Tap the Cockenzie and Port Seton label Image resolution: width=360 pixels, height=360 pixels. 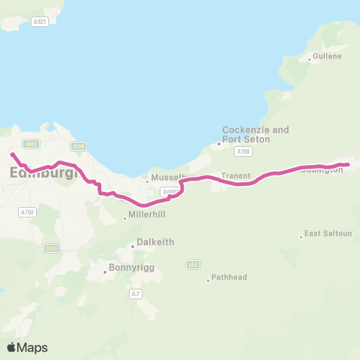coord(256,134)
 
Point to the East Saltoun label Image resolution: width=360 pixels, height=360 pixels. coord(329,234)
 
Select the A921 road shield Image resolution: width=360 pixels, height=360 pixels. coord(40,23)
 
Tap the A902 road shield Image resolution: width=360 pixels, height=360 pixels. coord(31,144)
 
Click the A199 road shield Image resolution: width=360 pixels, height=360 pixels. coord(79,146)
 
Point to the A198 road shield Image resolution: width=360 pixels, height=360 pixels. coord(242,151)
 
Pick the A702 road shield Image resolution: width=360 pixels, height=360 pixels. coord(28,211)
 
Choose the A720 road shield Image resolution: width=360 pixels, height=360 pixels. coord(52,247)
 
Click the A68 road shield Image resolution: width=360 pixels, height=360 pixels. coord(193,264)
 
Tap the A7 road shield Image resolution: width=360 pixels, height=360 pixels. coord(134,293)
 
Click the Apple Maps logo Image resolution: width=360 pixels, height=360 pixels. coord(27,347)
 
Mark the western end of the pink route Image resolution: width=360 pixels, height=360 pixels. coord(12,154)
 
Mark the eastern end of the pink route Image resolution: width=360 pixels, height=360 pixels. coord(349,164)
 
